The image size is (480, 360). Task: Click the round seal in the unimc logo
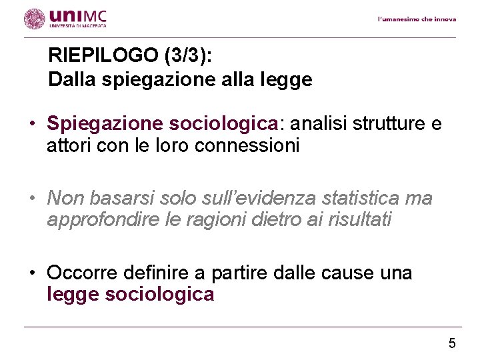pyautogui.click(x=34, y=19)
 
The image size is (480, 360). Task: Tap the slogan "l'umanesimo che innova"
pyautogui.click(x=417, y=19)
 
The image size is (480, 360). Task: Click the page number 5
pyautogui.click(x=452, y=344)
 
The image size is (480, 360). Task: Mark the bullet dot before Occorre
pyautogui.click(x=32, y=273)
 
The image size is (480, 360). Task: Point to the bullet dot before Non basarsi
pyautogui.click(x=32, y=199)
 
